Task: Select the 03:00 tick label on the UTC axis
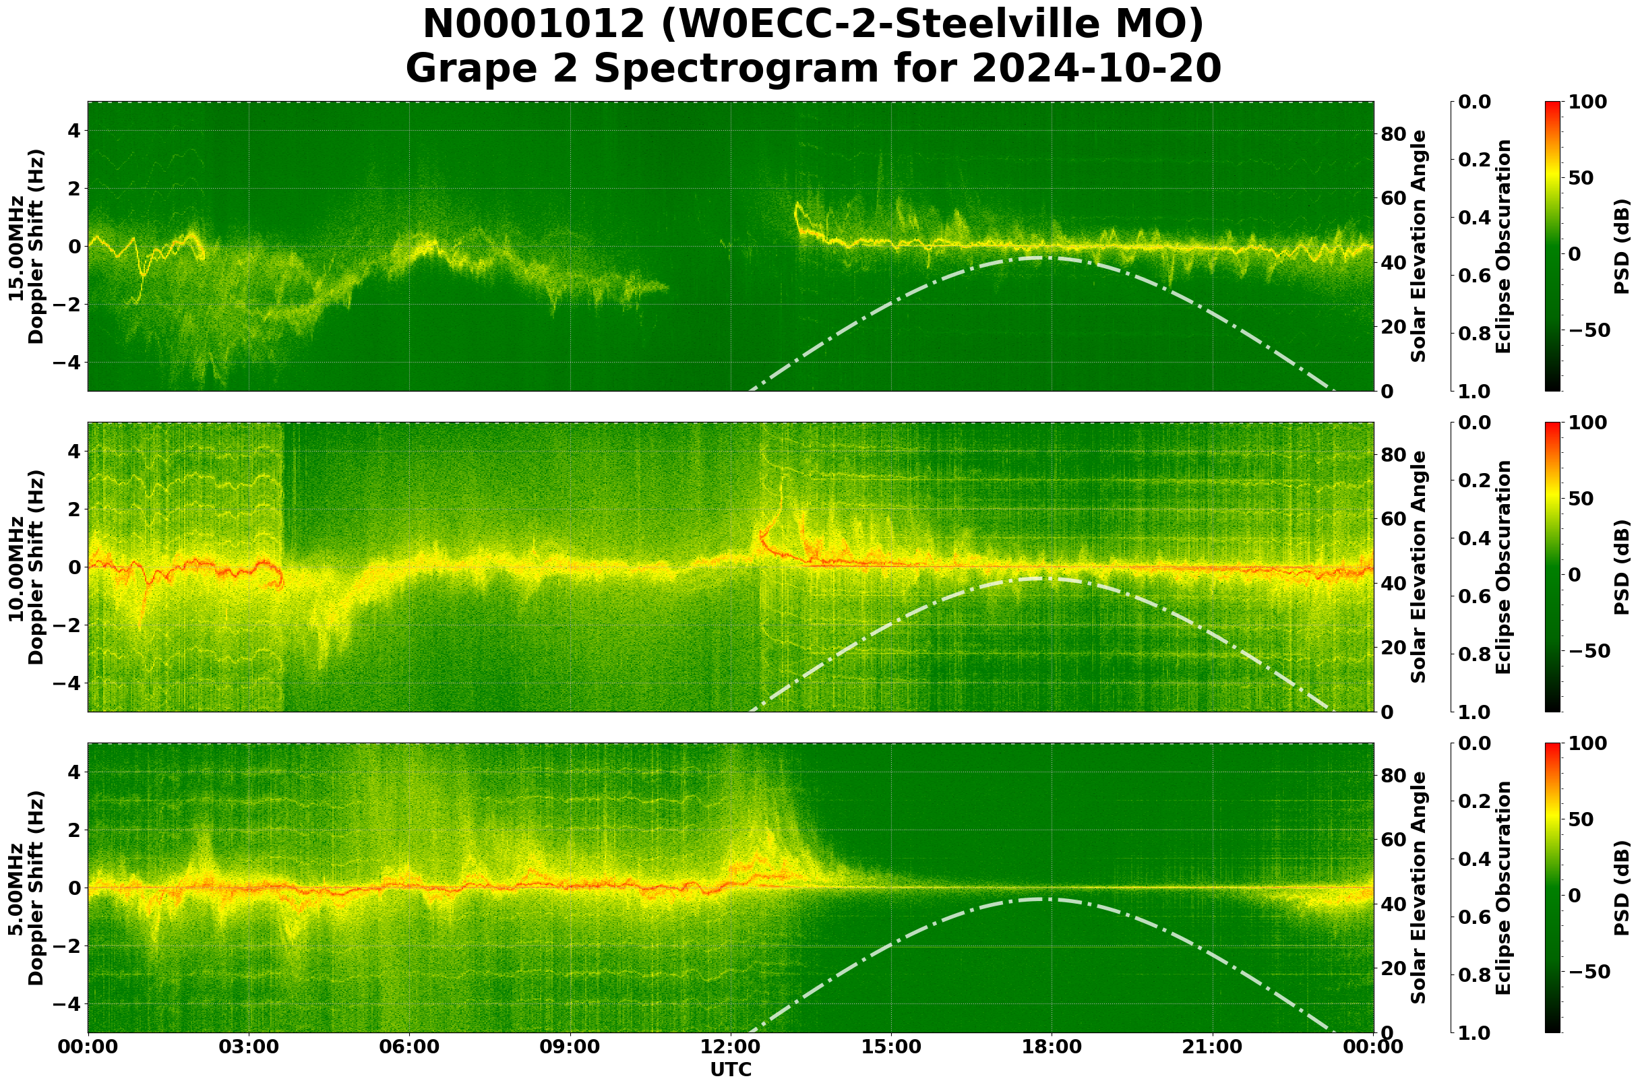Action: [249, 1047]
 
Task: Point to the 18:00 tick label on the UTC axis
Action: [1052, 1047]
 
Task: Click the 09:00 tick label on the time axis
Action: [570, 1047]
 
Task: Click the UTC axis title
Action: [731, 1069]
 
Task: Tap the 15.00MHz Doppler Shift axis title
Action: [26, 246]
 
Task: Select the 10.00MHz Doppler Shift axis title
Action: [26, 567]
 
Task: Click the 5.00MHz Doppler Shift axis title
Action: [26, 888]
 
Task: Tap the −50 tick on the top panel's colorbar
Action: [1587, 330]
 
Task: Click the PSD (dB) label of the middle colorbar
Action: [1622, 567]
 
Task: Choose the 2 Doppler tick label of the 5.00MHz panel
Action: [75, 830]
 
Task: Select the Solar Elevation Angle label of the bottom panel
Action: [1419, 888]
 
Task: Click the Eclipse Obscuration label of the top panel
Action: [1502, 246]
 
